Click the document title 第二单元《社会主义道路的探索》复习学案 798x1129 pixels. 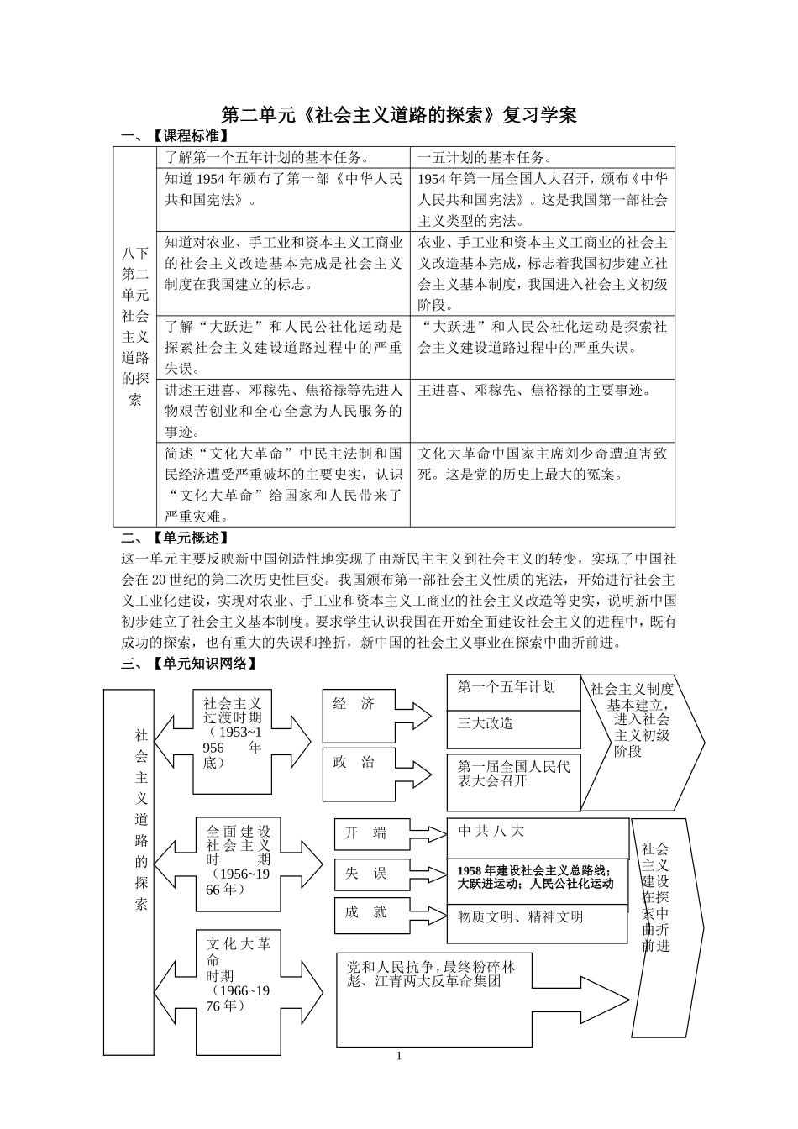tap(399, 115)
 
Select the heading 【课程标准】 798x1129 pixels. tap(190, 135)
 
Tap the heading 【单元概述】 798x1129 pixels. tap(190, 538)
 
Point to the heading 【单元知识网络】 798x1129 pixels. tap(202, 664)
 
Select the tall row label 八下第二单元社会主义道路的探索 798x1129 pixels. tap(135, 326)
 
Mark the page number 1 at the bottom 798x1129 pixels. tap(399, 1055)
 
